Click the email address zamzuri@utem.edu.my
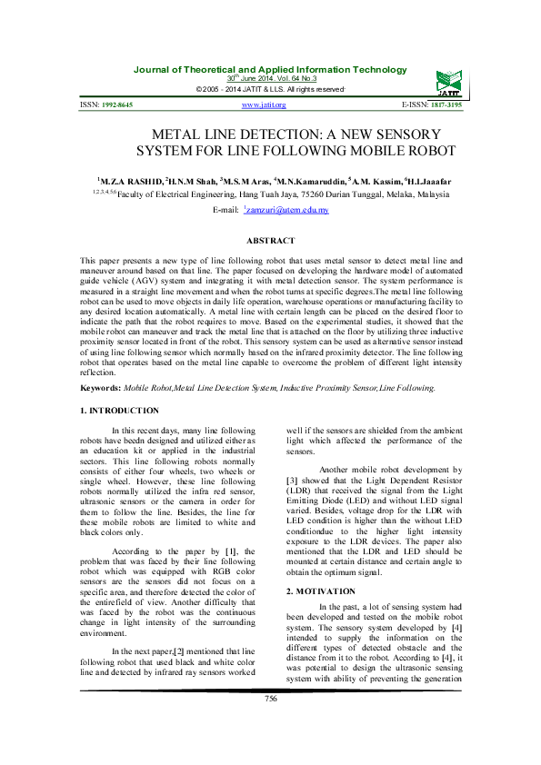(x=286, y=210)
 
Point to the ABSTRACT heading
(x=271, y=240)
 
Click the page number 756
(x=270, y=722)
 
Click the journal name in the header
(x=270, y=70)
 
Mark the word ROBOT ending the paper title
(x=430, y=150)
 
